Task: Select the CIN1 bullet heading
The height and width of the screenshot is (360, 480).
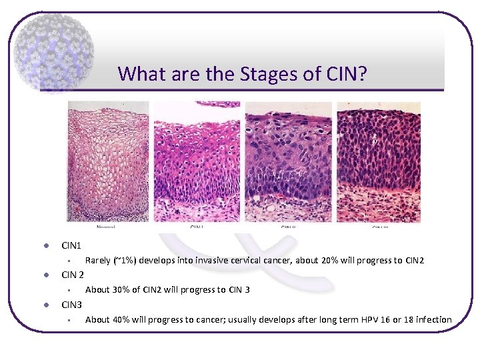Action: tap(71, 246)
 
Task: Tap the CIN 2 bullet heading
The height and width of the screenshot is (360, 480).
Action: tap(73, 275)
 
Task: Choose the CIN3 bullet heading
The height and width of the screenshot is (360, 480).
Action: tap(72, 305)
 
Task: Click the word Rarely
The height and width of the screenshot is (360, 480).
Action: tap(98, 261)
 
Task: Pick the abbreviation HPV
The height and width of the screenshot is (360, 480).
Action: tap(365, 320)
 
